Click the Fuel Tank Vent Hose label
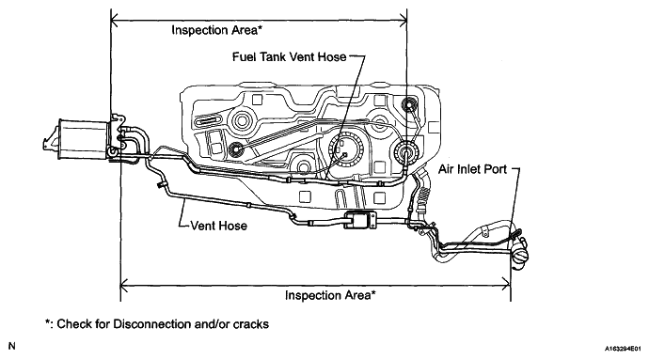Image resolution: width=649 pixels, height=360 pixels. [289, 56]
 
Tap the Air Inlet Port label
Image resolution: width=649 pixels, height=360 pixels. [473, 169]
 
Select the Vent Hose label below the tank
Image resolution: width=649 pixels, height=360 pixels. [218, 226]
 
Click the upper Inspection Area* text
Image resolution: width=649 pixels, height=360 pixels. [217, 30]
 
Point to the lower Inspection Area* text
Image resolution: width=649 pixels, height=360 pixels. [330, 295]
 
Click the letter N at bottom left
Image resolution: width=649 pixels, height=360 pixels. [12, 346]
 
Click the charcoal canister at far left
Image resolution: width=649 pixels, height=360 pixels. [83, 139]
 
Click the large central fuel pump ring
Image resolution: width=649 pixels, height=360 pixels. [345, 149]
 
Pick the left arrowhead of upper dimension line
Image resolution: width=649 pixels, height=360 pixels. [115, 20]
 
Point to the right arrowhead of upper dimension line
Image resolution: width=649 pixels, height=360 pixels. [403, 20]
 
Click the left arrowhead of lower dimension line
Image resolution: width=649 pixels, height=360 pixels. [124, 285]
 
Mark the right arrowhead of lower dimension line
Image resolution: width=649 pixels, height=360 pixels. [506, 285]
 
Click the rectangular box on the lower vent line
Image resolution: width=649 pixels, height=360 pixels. [360, 220]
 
